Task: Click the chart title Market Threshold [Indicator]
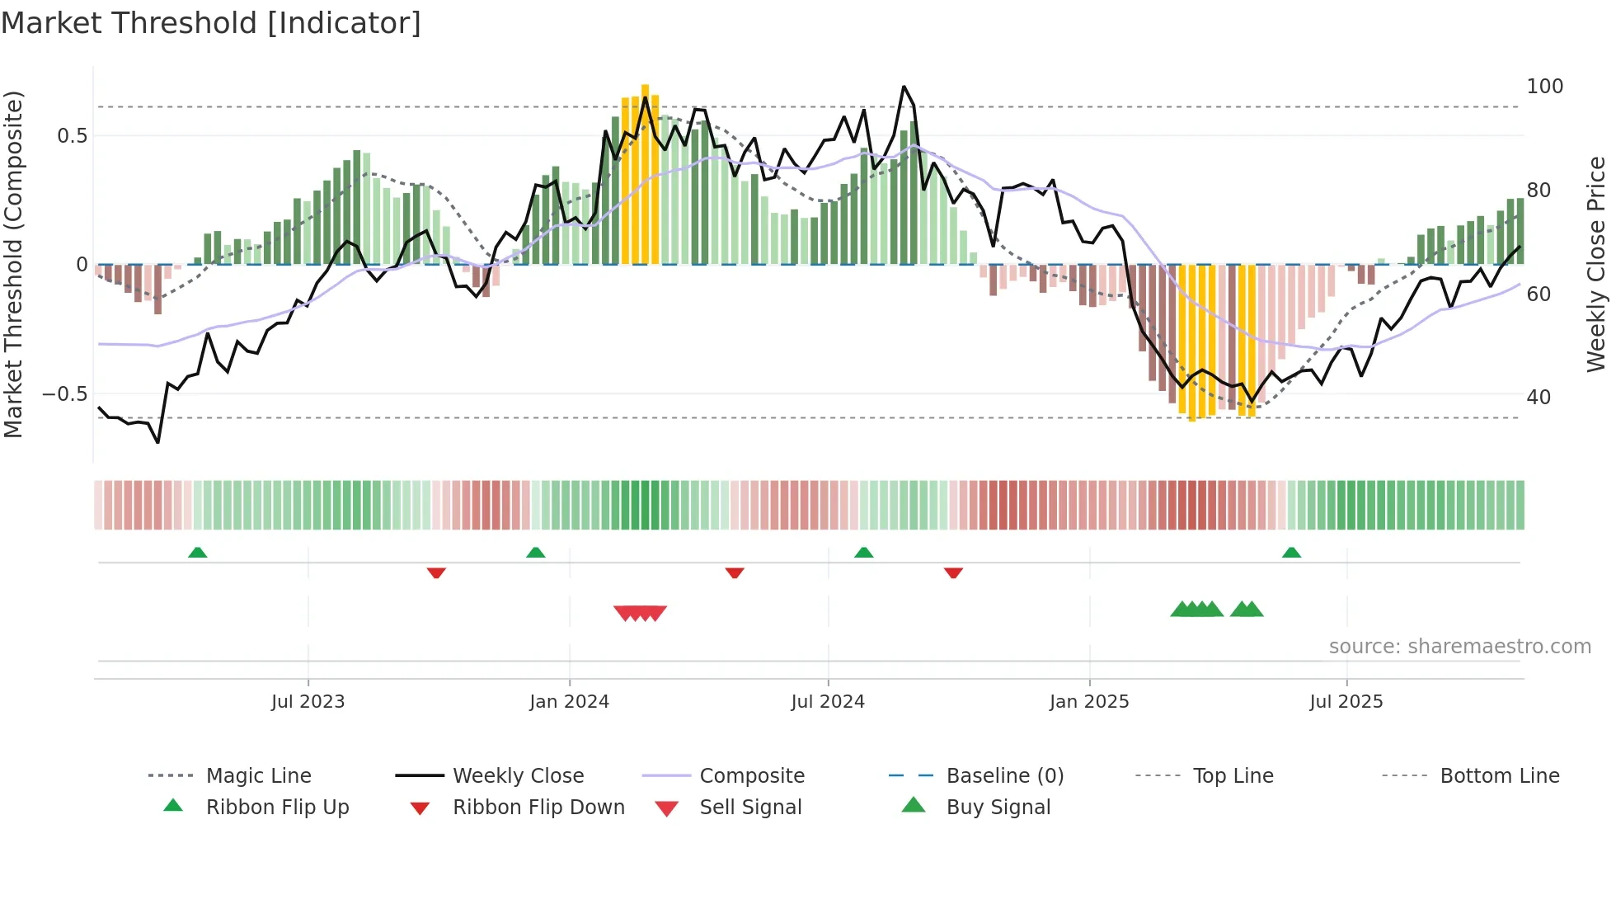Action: [x=211, y=23]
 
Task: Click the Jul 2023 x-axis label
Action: [x=308, y=702]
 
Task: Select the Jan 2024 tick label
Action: [x=569, y=702]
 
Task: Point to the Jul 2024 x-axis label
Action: [x=828, y=702]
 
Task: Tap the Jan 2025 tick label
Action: [x=1089, y=702]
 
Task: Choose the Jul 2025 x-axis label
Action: [x=1346, y=702]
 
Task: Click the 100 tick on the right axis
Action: [x=1544, y=87]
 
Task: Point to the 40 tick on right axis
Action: [x=1538, y=398]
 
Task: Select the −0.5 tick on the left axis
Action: [x=64, y=394]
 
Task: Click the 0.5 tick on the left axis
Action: [x=72, y=136]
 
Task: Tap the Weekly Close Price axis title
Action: [x=1596, y=264]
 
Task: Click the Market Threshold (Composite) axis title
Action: [x=13, y=264]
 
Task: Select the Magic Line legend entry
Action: [x=258, y=776]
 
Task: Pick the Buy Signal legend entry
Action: [x=998, y=808]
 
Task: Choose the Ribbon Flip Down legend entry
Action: [x=538, y=808]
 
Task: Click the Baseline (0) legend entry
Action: [x=1004, y=776]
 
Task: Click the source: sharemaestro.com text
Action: [x=1459, y=647]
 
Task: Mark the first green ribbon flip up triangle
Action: [x=198, y=553]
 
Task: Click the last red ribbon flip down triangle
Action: [x=953, y=572]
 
